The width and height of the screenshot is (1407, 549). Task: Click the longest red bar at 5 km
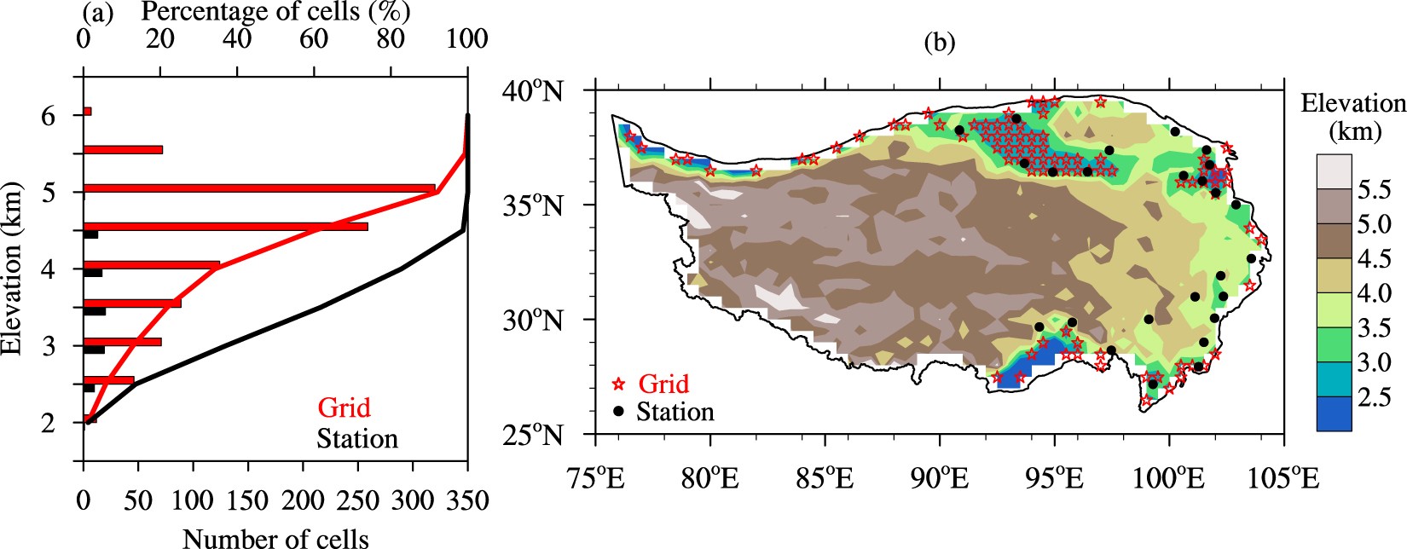[258, 188]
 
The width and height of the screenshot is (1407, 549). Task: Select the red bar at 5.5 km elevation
[123, 149]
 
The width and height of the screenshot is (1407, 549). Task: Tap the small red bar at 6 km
[87, 112]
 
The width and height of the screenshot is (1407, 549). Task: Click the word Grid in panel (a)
[345, 407]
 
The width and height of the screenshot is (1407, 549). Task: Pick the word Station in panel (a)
[357, 438]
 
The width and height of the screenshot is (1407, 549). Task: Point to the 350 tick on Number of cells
[467, 500]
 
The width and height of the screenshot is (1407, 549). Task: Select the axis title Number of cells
[275, 538]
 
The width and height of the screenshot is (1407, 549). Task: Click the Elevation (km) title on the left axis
[11, 269]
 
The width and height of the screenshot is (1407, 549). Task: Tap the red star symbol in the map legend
[619, 384]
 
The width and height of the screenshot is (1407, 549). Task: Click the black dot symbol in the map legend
[619, 412]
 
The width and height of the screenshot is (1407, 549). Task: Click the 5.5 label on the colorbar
[1374, 190]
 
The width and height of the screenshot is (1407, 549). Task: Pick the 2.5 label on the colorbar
[1374, 398]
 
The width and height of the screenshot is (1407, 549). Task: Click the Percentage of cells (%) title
[275, 12]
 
